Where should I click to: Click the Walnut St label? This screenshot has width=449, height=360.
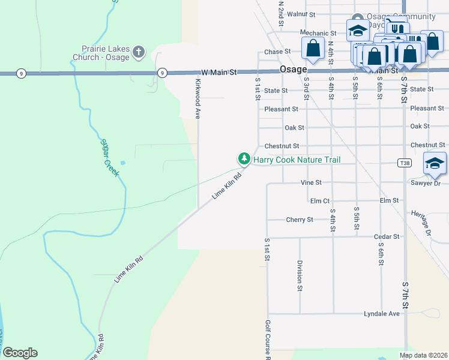(301, 13)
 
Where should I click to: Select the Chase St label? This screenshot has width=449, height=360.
(277, 52)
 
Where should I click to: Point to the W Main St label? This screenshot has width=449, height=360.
(219, 72)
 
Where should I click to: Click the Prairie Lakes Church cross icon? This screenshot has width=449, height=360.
(139, 52)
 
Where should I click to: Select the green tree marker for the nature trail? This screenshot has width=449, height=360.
(244, 159)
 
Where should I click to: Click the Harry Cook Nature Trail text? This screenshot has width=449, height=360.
(297, 160)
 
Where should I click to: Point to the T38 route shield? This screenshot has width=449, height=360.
(404, 163)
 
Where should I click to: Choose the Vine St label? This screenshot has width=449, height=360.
(311, 182)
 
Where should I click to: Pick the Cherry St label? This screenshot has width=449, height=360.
(300, 220)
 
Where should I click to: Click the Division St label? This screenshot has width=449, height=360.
(300, 275)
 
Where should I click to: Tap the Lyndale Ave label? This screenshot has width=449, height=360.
(381, 314)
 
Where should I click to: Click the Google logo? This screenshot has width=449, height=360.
(19, 353)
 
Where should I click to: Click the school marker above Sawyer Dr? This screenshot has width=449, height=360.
(435, 163)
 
